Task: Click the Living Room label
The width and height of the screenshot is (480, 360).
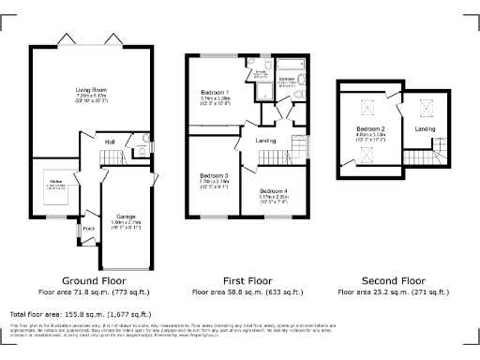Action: (x=91, y=90)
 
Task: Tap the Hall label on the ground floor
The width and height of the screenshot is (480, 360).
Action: (x=110, y=142)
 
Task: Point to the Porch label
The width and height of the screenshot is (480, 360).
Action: (x=89, y=228)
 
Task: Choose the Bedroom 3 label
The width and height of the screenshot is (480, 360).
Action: (x=214, y=175)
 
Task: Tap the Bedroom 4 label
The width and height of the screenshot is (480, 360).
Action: (x=274, y=190)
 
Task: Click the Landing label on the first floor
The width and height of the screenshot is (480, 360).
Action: (x=266, y=142)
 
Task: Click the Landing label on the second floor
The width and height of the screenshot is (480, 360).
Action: (x=425, y=128)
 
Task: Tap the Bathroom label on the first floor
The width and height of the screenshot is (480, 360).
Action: (x=287, y=79)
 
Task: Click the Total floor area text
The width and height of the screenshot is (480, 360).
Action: (x=80, y=314)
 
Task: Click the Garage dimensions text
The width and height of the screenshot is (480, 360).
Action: (x=126, y=227)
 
